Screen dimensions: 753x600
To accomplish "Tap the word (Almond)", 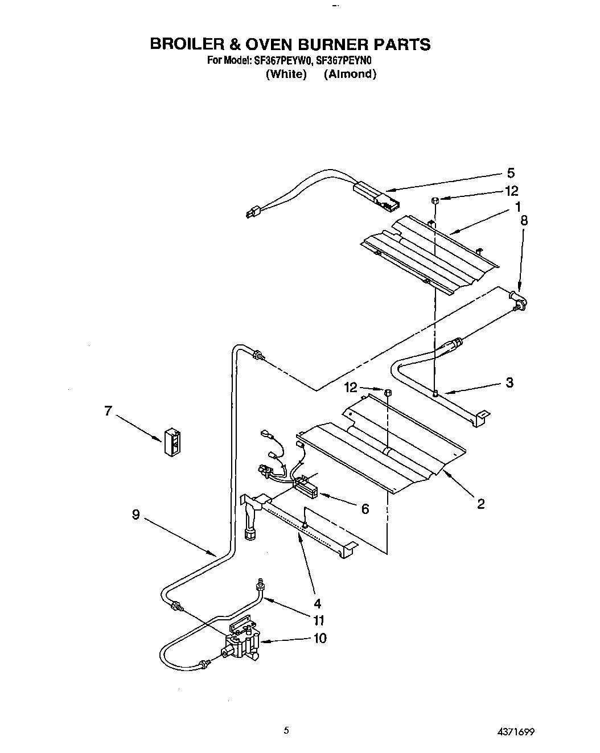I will (350, 74).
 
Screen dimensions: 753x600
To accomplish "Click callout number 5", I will (511, 173).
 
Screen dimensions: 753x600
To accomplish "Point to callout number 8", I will (524, 221).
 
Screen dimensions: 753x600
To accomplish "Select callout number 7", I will (108, 410).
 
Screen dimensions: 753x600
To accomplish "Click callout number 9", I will (135, 515).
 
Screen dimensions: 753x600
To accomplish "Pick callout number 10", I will (320, 638).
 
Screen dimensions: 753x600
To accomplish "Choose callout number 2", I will (481, 503).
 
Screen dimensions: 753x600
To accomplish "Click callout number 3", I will (509, 382).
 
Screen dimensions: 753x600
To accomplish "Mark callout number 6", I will (365, 508).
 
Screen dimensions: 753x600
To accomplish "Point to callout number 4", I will (317, 603).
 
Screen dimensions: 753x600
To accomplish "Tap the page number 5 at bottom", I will (287, 731).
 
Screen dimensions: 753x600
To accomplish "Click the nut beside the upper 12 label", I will (434, 200).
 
